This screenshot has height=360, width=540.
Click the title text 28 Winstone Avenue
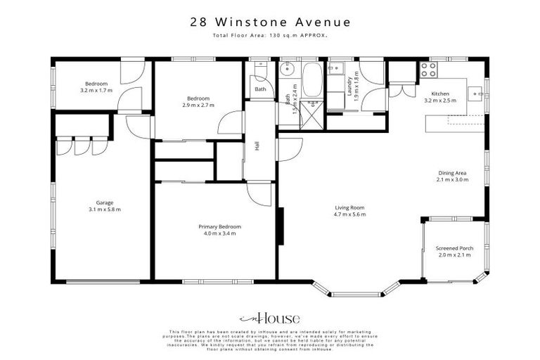(270, 22)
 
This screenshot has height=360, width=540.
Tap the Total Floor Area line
(270, 35)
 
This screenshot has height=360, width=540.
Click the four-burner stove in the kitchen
(428, 70)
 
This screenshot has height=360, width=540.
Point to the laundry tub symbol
(337, 68)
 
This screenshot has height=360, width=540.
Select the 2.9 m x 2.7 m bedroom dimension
(199, 105)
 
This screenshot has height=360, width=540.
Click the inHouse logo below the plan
(270, 317)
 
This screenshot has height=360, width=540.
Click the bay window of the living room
(358, 292)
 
